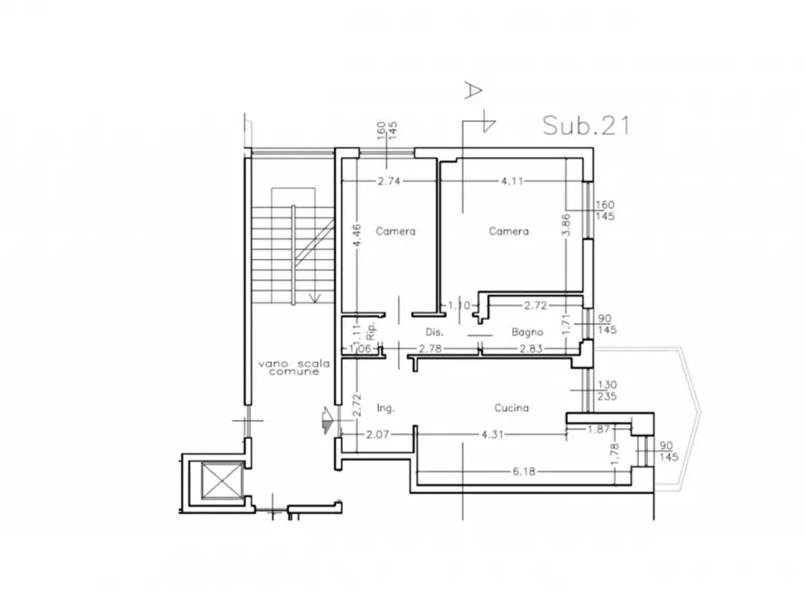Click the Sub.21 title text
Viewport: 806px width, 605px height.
tap(586, 126)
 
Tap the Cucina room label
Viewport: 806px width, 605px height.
tap(512, 408)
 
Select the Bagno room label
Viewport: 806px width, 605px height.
tap(527, 332)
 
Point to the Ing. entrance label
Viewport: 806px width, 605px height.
tap(385, 408)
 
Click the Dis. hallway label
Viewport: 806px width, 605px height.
tap(434, 332)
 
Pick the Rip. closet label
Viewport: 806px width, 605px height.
tap(372, 330)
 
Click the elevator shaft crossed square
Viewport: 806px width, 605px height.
tap(222, 480)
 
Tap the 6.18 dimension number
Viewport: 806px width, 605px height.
tap(523, 471)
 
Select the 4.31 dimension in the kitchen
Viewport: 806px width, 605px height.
tap(492, 434)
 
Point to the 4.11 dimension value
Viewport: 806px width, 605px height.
tap(513, 181)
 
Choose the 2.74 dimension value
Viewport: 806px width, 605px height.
tap(389, 181)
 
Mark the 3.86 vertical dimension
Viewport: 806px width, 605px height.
tap(566, 224)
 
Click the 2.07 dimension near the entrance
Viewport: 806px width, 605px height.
tap(378, 434)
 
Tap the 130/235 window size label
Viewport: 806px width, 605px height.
tap(607, 390)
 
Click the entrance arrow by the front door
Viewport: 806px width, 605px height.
tap(328, 420)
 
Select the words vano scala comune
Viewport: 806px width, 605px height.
tap(293, 368)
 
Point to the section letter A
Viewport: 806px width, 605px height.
tap(473, 89)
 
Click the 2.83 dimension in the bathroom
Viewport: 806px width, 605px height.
tap(531, 349)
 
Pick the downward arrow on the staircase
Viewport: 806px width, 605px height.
tap(315, 297)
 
